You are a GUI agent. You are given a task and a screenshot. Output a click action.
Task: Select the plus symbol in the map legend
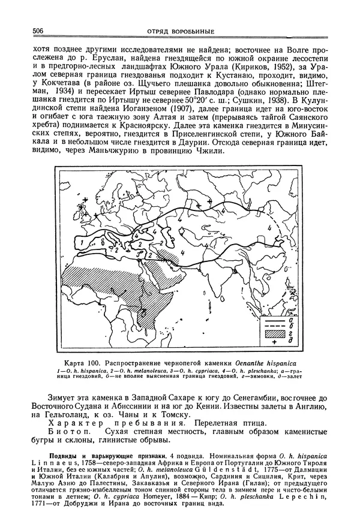[274, 342]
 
